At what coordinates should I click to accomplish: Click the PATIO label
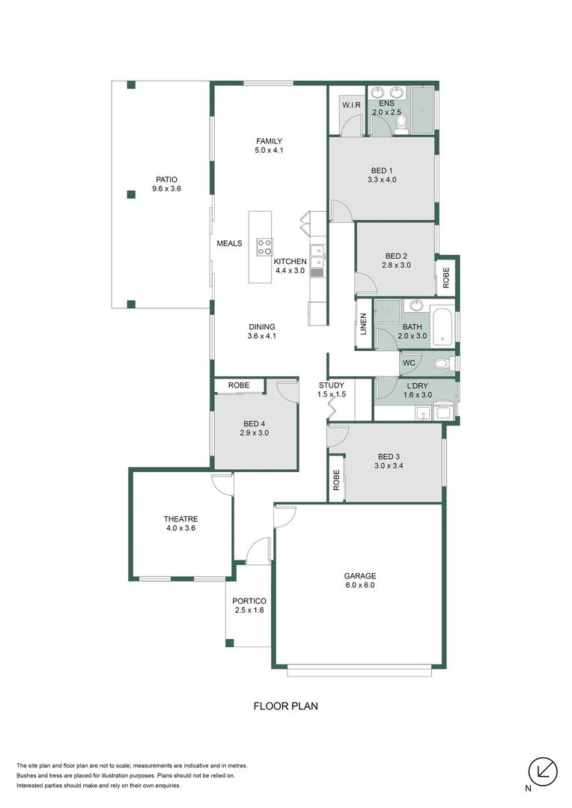tap(166, 180)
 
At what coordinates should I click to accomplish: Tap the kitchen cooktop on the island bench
tap(265, 247)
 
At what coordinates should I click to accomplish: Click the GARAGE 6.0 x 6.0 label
tap(359, 581)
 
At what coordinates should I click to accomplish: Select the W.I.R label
tap(352, 105)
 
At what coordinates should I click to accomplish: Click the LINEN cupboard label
tap(363, 323)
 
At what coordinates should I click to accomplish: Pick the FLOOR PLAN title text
tap(286, 706)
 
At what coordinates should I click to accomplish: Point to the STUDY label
tap(332, 385)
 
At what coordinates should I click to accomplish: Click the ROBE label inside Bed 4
tap(239, 385)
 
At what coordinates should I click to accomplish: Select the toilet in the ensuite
tap(401, 123)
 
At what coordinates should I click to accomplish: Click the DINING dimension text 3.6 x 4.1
tap(262, 336)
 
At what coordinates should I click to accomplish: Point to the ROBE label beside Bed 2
tap(446, 278)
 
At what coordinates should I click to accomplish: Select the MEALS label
tap(229, 243)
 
